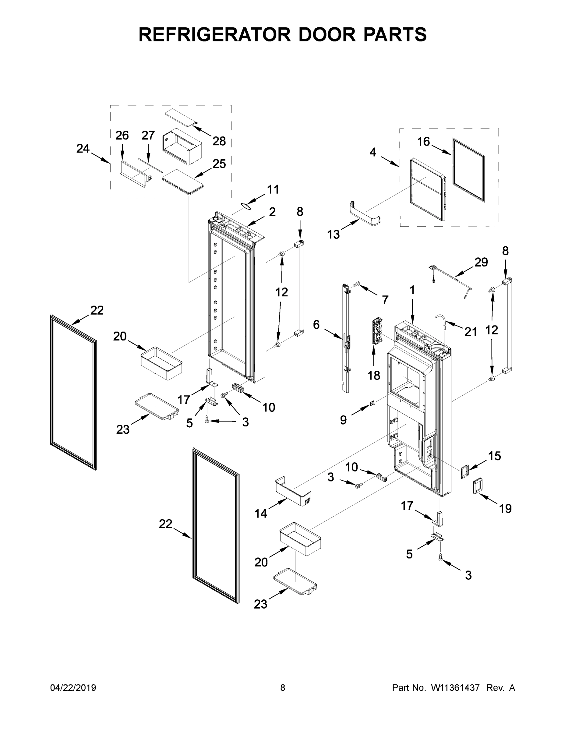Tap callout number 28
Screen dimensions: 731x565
click(x=219, y=141)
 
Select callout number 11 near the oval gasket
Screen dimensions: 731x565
click(x=273, y=189)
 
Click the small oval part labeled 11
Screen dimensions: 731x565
click(x=247, y=207)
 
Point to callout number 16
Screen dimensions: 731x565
click(x=423, y=142)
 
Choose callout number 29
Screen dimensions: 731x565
click(x=481, y=262)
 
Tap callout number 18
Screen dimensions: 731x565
click(x=374, y=376)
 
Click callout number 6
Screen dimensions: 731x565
click(x=316, y=324)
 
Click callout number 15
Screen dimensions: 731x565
click(x=494, y=456)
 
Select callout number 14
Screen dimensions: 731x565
click(x=261, y=513)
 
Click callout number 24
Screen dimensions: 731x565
click(x=83, y=148)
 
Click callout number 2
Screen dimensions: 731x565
click(x=272, y=212)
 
